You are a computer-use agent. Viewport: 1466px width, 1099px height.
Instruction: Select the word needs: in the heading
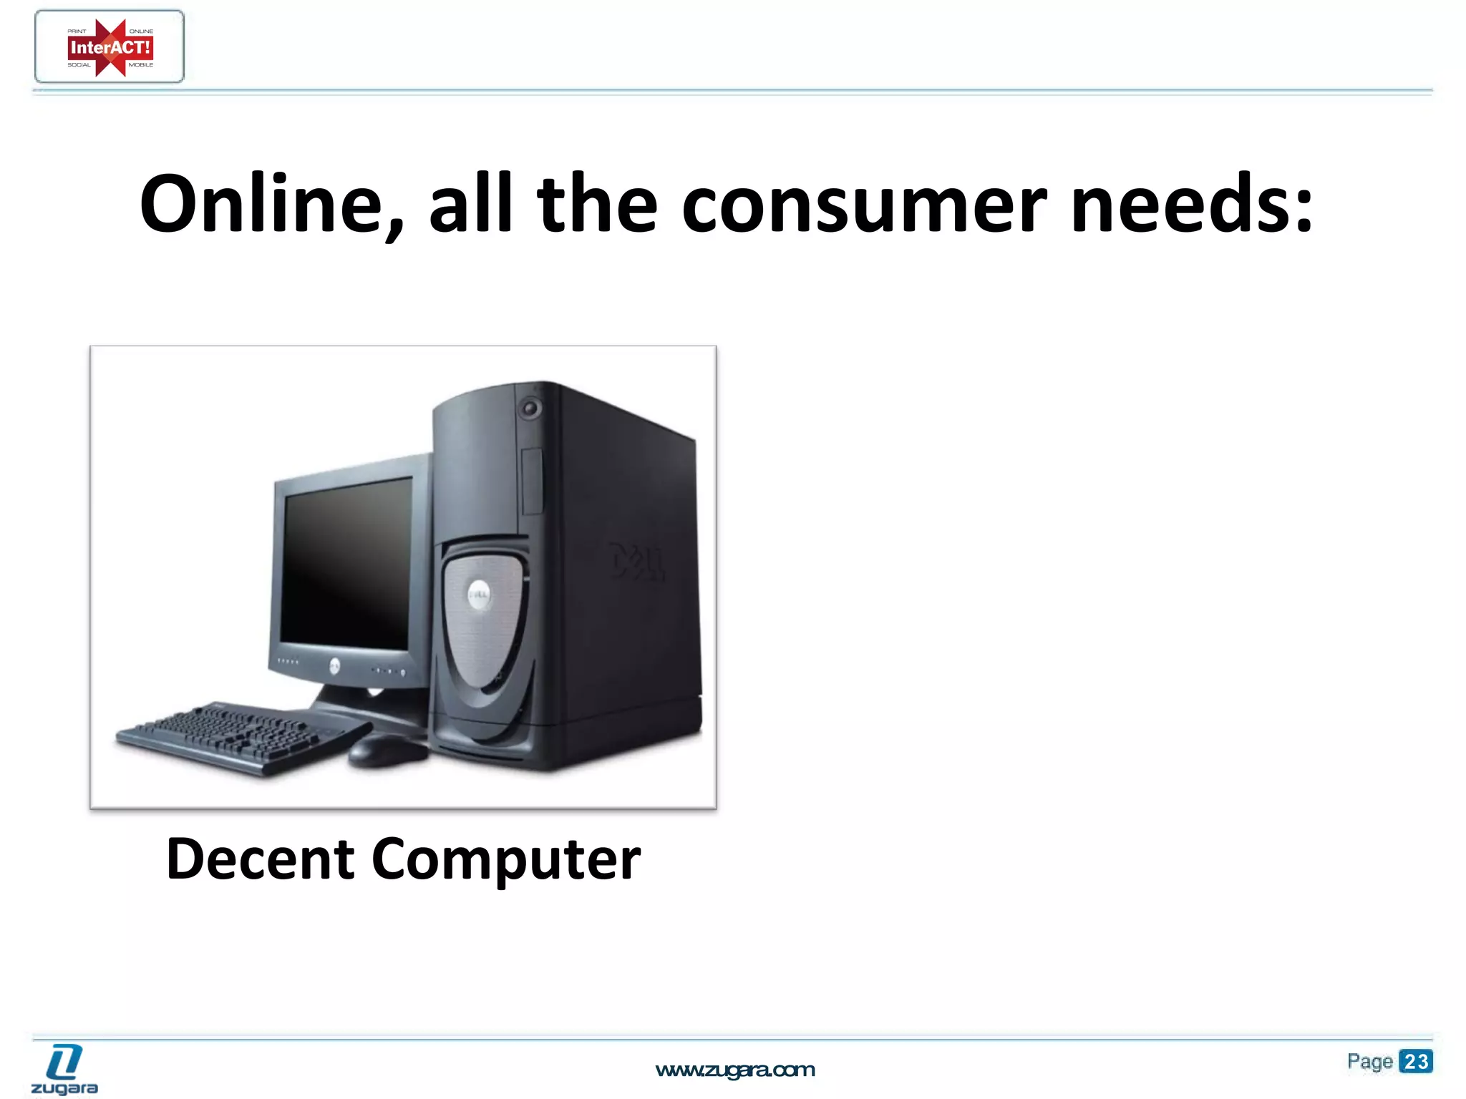click(x=1192, y=205)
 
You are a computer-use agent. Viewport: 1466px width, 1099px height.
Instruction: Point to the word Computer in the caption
click(x=505, y=860)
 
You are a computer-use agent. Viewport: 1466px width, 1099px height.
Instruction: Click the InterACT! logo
click(x=110, y=47)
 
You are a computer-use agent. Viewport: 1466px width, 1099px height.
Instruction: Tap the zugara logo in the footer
click(x=64, y=1069)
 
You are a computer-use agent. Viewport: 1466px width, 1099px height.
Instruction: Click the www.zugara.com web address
click(x=735, y=1070)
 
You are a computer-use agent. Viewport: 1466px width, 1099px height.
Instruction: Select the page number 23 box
click(x=1415, y=1061)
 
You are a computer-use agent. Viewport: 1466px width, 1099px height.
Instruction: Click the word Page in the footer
click(x=1369, y=1061)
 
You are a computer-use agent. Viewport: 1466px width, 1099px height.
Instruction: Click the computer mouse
click(x=387, y=751)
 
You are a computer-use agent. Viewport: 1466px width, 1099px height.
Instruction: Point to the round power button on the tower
click(x=530, y=409)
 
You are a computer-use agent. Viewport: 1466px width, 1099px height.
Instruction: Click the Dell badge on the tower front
click(x=479, y=593)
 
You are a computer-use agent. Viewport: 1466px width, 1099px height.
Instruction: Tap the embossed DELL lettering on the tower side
click(x=636, y=561)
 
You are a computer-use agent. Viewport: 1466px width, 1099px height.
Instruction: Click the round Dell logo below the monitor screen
click(x=334, y=667)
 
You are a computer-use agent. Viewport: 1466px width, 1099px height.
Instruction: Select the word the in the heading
click(x=596, y=205)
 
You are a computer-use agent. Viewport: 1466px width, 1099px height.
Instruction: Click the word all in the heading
click(x=470, y=205)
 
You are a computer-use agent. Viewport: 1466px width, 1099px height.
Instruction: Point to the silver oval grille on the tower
click(x=484, y=622)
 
